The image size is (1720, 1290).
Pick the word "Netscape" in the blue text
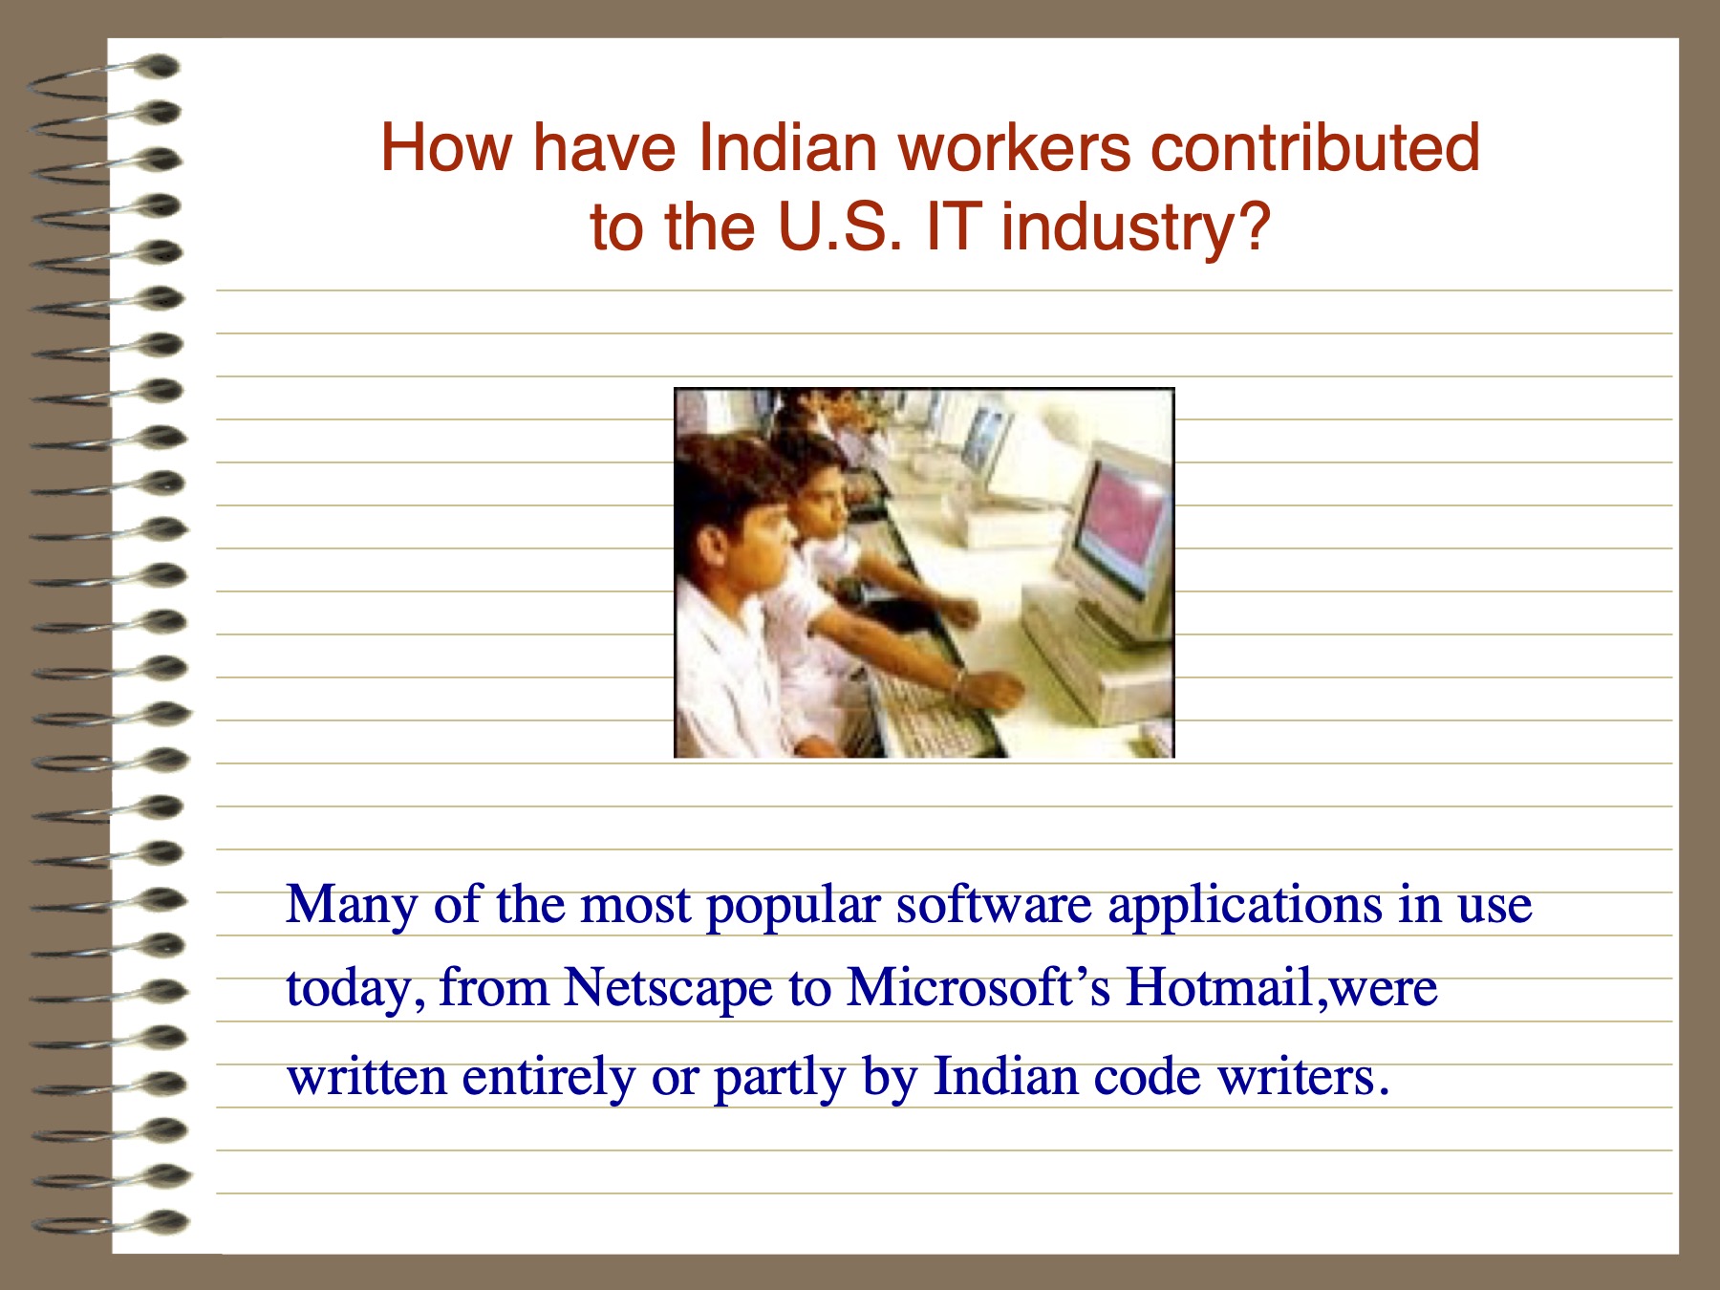(668, 988)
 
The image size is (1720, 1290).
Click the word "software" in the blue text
(994, 904)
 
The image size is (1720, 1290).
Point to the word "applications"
(1245, 906)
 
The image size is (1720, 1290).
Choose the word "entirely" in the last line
(548, 1078)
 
